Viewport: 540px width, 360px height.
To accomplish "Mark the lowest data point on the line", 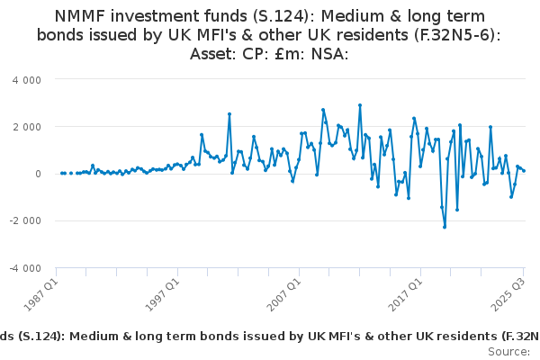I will [x=445, y=227].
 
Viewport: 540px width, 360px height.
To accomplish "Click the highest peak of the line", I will [x=360, y=105].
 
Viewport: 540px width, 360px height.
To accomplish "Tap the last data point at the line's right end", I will [x=524, y=171].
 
